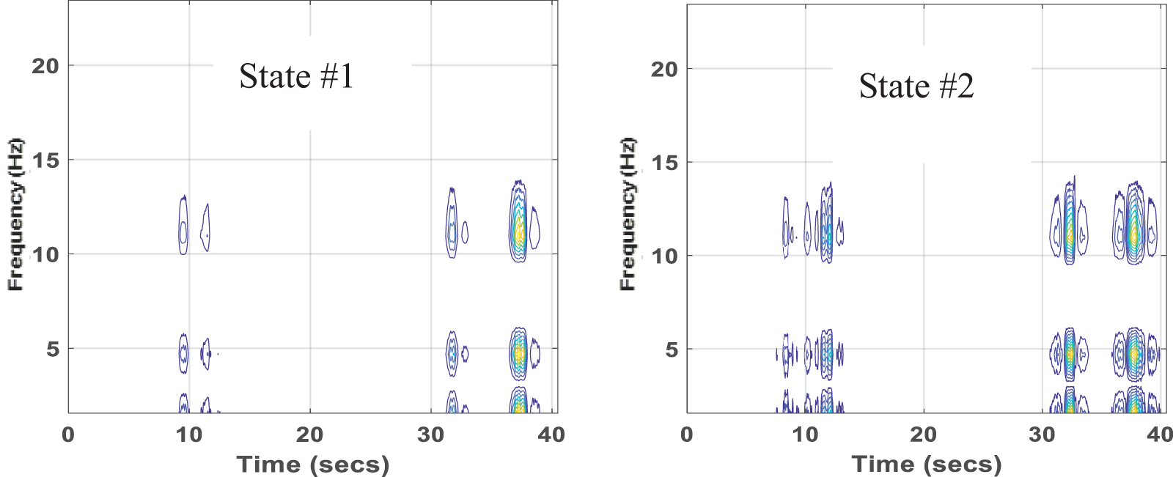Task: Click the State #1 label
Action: [x=296, y=76]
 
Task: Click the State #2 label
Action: [x=916, y=86]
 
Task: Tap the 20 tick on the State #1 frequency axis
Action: [x=45, y=66]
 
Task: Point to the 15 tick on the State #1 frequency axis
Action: [x=45, y=160]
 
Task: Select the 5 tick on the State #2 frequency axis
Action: [x=672, y=350]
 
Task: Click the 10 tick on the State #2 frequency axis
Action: [x=664, y=256]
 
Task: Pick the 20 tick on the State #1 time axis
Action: [x=309, y=435]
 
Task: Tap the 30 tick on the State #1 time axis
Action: [x=430, y=435]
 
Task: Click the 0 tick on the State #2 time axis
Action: [x=687, y=435]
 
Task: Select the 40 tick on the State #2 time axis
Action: [x=1160, y=435]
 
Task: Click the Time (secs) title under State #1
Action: [x=313, y=465]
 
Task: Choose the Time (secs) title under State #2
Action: [x=927, y=465]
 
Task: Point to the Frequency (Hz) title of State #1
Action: [x=15, y=214]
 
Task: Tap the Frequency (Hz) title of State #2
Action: [x=628, y=214]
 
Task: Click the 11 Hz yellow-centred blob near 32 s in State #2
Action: [x=1070, y=235]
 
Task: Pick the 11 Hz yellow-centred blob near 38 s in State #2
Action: [x=1134, y=235]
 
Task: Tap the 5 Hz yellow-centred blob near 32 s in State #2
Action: [x=1070, y=355]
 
